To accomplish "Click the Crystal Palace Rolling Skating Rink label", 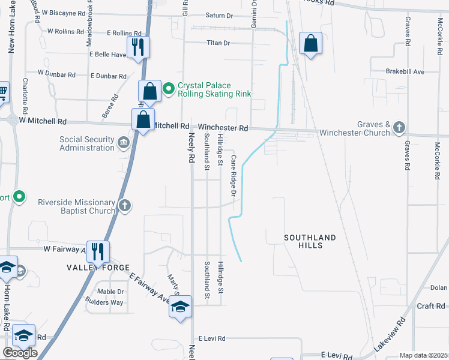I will pyautogui.click(x=214, y=89).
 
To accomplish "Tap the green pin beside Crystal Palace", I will pyautogui.click(x=169, y=89).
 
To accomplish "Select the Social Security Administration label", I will pyautogui.click(x=86, y=144).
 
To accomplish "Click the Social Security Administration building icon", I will pyautogui.click(x=124, y=142).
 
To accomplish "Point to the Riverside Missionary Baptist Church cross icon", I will pyautogui.click(x=125, y=206).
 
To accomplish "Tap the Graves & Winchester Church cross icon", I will pyautogui.click(x=399, y=127).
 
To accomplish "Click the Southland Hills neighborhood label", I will pyautogui.click(x=311, y=241).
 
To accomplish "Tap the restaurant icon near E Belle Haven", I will pyautogui.click(x=138, y=46).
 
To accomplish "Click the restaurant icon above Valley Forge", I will pyautogui.click(x=97, y=250).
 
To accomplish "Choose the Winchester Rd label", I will pyautogui.click(x=223, y=128).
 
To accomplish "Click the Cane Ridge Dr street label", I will pyautogui.click(x=233, y=175).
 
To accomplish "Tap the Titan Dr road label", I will pyautogui.click(x=218, y=43).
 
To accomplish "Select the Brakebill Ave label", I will pyautogui.click(x=405, y=71).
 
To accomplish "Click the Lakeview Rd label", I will pyautogui.click(x=390, y=335).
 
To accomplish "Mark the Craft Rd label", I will pyautogui.click(x=430, y=306).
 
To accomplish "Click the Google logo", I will pyautogui.click(x=20, y=352).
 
